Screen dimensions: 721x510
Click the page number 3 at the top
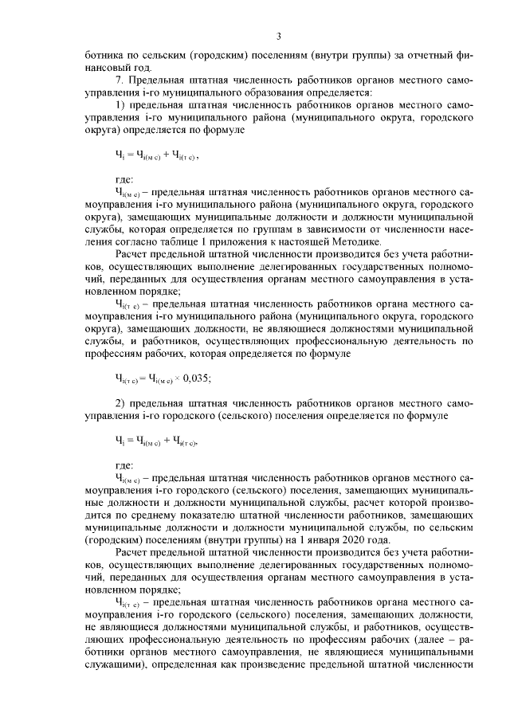279,36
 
